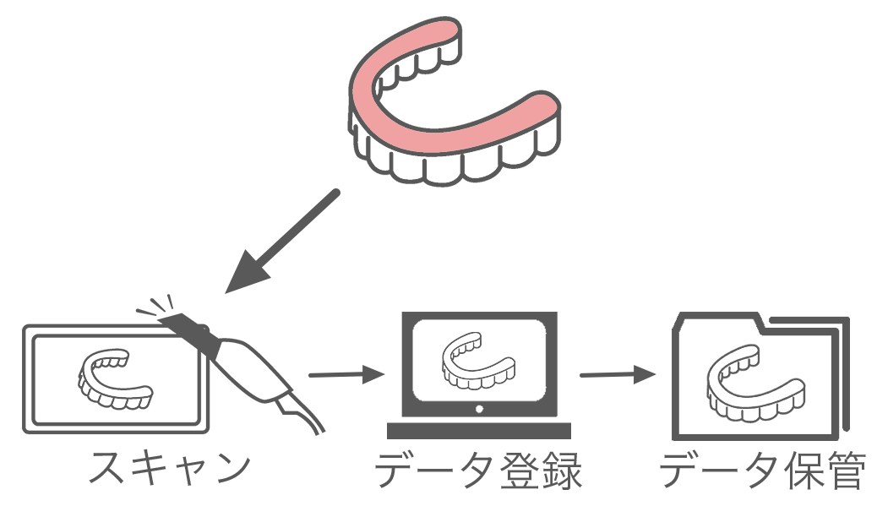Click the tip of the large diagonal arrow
pos(226,292)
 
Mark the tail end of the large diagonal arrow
pos(337,193)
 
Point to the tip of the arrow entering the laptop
pos(384,373)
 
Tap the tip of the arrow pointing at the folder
pos(656,373)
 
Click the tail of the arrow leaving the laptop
pos(581,375)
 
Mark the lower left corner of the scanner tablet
pos(24,432)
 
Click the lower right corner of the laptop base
pos(570,438)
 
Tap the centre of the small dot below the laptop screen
pos(479,409)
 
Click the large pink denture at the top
pos(455,101)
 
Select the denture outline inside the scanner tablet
pos(115,379)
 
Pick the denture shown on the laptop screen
pos(478,361)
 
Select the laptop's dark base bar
pos(479,431)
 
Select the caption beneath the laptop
pos(479,470)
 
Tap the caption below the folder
pos(763,470)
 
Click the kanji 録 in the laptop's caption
pos(562,471)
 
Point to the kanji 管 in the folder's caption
pos(847,471)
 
